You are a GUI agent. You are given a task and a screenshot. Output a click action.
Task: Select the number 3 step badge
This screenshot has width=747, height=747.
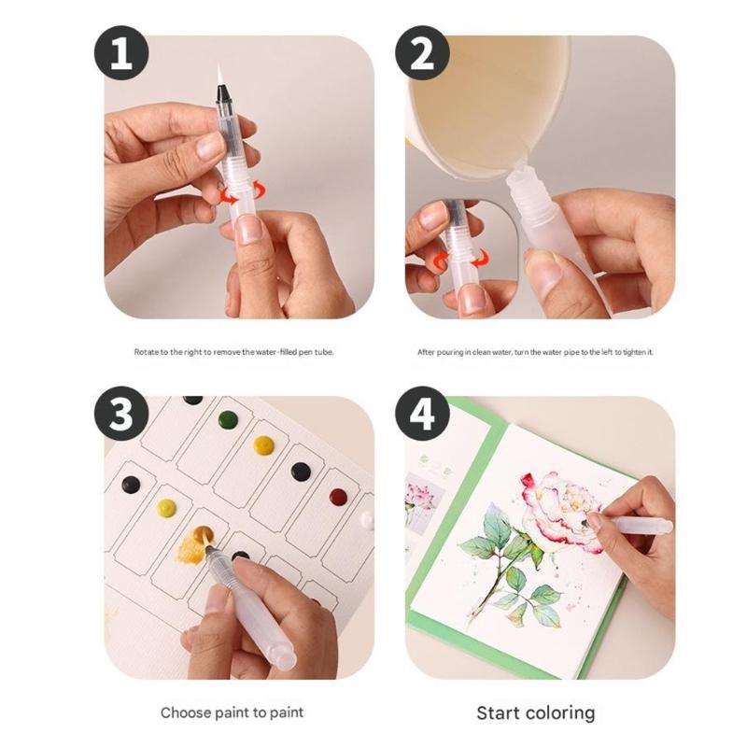point(120,414)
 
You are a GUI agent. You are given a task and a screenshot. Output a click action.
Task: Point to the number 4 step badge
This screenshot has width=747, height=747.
point(422,414)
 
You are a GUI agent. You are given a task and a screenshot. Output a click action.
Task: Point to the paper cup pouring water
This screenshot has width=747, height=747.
point(486,93)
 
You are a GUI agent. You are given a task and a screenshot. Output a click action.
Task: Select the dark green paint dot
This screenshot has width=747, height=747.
point(228,419)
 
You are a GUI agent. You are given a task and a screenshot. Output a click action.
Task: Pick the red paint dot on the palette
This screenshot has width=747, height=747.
point(338,496)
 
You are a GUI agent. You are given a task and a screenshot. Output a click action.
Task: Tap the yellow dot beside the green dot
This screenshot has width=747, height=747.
point(264,444)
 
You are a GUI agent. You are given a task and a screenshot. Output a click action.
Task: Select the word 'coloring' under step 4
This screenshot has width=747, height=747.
point(560,712)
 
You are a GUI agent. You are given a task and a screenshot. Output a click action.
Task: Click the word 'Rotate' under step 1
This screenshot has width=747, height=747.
point(147,352)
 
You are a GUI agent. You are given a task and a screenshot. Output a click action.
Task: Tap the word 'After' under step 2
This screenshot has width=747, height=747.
point(427,352)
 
